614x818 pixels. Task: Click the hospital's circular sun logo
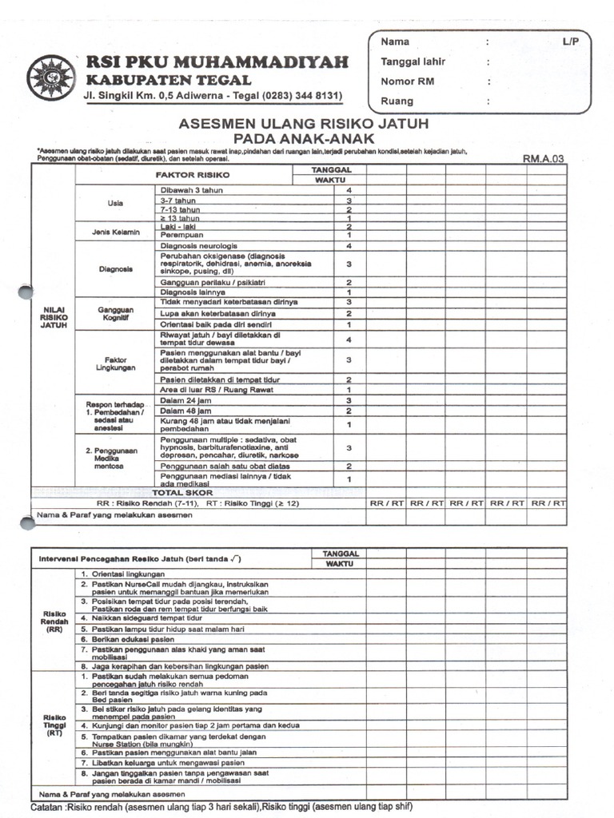(x=50, y=77)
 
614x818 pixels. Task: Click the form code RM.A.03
(x=544, y=159)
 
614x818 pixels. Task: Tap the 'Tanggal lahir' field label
(x=413, y=62)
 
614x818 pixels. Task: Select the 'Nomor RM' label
(x=409, y=81)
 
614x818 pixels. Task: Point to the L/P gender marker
(x=569, y=42)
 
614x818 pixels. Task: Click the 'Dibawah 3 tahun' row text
(x=192, y=190)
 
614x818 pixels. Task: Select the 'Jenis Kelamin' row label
(x=115, y=232)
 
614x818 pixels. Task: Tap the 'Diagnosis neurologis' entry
(x=199, y=246)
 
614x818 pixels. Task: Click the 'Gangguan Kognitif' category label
(x=115, y=313)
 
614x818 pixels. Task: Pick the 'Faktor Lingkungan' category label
(x=115, y=363)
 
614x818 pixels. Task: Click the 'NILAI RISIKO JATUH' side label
(x=54, y=317)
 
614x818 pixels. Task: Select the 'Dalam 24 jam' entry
(x=185, y=400)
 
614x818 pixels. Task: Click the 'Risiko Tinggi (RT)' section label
(x=54, y=725)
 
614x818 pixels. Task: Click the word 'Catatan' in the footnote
(x=49, y=807)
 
